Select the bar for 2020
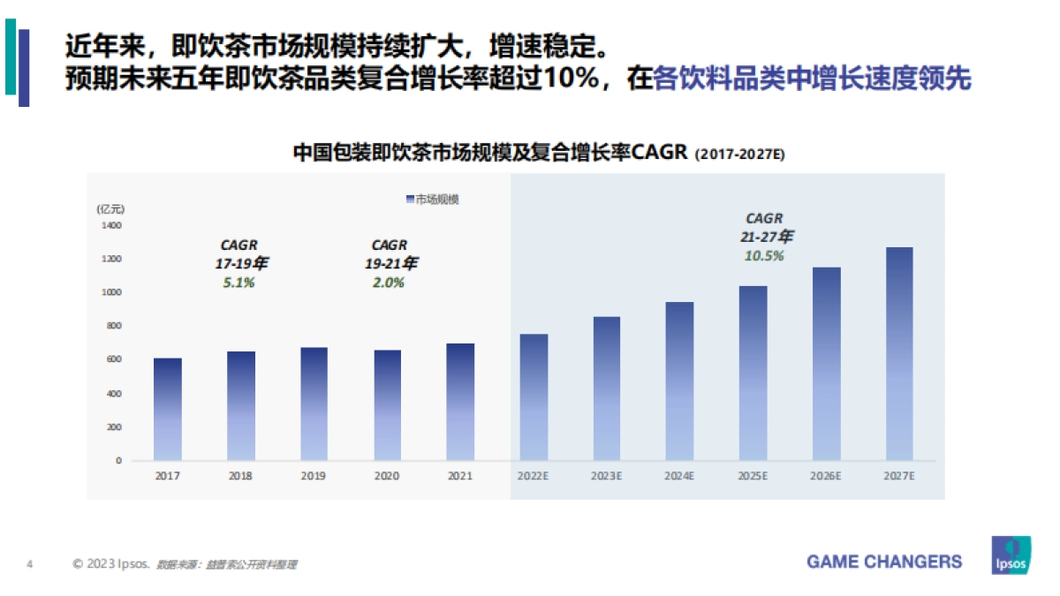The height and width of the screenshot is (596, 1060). click(387, 405)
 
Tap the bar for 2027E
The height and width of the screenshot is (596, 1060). click(898, 353)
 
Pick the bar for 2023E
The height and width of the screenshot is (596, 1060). click(606, 389)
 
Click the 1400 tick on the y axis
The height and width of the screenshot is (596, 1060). click(111, 225)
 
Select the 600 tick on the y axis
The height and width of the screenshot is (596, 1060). click(111, 359)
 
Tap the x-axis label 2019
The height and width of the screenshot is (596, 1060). click(314, 476)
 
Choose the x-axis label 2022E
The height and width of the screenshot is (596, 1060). click(533, 476)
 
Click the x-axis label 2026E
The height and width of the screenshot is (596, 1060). click(825, 476)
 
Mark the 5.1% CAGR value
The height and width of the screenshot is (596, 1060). click(238, 283)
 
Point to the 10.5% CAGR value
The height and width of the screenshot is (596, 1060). click(764, 255)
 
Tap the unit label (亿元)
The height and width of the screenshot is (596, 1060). click(111, 209)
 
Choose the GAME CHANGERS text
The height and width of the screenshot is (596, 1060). click(884, 562)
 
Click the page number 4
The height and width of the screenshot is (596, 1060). click(30, 563)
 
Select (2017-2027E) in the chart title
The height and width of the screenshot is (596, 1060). click(739, 155)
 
